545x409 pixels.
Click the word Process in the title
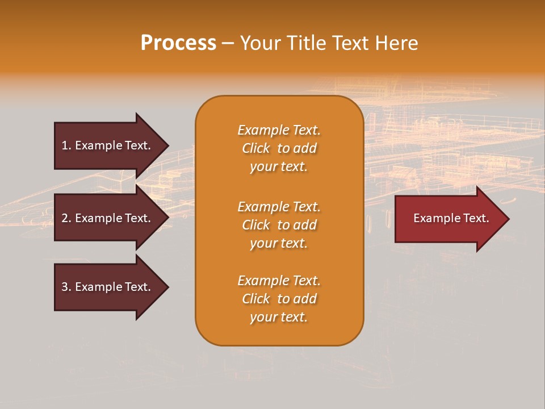178,43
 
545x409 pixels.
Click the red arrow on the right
448,218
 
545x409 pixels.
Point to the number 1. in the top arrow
66,145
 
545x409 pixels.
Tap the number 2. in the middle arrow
66,218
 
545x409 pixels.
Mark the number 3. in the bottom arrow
66,287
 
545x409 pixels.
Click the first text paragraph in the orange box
279,148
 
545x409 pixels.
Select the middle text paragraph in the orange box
279,224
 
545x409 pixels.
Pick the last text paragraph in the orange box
279,299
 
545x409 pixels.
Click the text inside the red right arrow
451,218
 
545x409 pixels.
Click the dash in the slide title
228,43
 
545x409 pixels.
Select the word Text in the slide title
351,43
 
